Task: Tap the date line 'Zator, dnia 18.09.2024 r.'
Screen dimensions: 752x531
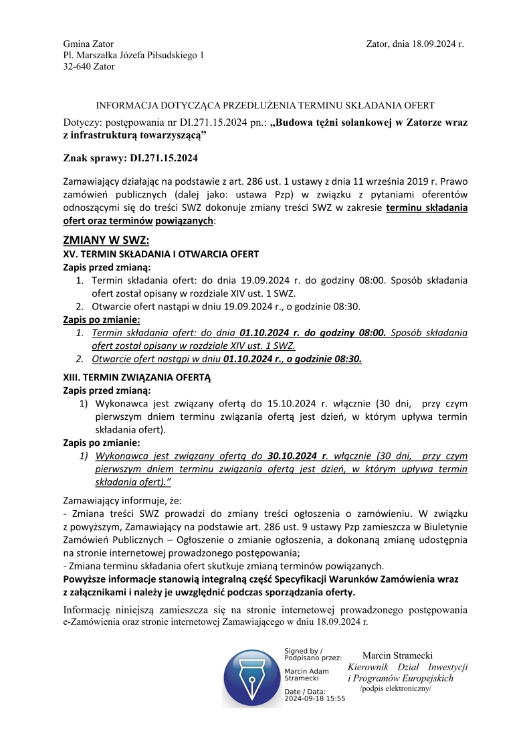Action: coord(415,44)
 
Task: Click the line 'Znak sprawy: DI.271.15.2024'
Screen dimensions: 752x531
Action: coord(130,159)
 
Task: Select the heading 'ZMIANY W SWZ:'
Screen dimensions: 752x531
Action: coord(106,240)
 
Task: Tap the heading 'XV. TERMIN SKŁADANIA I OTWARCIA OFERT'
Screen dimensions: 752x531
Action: coord(161,254)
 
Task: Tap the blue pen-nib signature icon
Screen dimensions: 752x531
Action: coord(252,677)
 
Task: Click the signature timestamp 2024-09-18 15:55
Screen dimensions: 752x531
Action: coord(314,698)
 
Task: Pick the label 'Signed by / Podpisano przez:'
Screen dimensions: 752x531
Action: coord(313,654)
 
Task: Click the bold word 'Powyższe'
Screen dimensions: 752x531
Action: coord(86,579)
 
